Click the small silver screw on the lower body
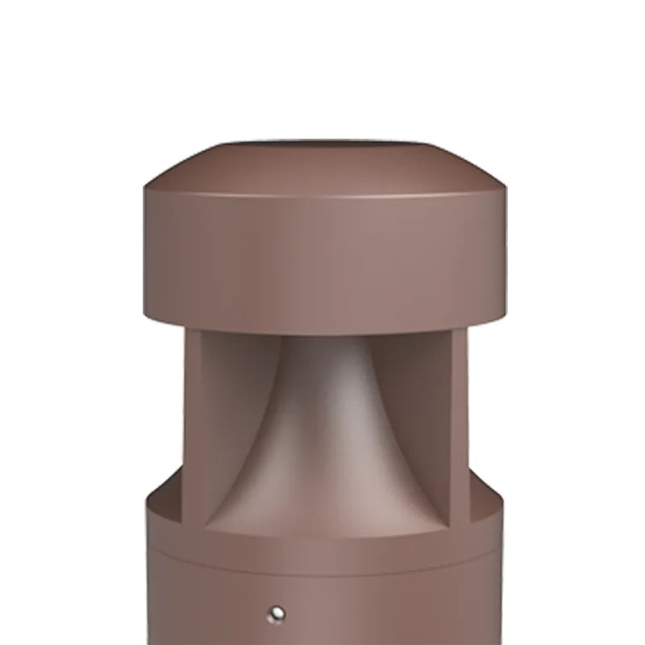pyautogui.click(x=277, y=615)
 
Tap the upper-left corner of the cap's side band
pyautogui.click(x=147, y=190)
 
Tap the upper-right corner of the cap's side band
pyautogui.click(x=504, y=190)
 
